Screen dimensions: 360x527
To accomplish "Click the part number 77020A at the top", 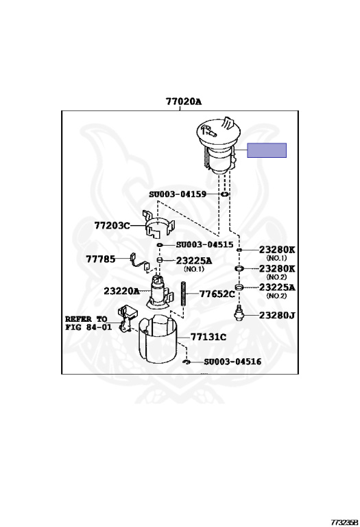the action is point(183,101).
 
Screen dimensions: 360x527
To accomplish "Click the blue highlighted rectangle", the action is point(267,150).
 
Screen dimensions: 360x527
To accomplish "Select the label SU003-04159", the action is point(178,194).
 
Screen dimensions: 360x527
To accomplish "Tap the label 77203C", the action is point(112,225).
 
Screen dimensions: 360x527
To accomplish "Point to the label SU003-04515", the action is point(204,245).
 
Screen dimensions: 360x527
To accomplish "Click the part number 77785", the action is point(100,259).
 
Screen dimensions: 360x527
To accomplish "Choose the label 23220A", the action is point(121,291).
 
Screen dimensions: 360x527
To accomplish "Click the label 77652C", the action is point(217,294).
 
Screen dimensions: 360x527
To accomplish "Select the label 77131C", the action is point(208,337).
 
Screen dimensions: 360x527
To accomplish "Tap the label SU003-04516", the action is point(232,362).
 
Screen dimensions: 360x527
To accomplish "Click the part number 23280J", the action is point(277,315).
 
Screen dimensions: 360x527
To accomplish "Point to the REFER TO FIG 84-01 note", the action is point(88,323).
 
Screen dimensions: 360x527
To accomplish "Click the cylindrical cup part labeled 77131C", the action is point(158,339).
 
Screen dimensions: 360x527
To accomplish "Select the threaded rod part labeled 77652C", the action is point(184,294).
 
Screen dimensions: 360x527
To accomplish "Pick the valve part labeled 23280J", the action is point(239,313).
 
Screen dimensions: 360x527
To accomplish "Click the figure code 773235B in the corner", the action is point(344,522).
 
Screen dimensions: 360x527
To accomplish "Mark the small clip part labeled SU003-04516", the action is point(187,362).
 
